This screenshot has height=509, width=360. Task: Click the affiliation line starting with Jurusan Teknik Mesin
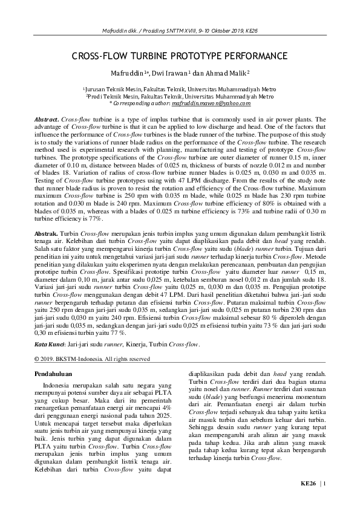pyautogui.click(x=180, y=89)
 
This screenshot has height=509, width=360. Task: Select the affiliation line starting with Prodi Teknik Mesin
pyautogui.click(x=180, y=96)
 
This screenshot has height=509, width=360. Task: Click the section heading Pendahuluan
pyautogui.click(x=54, y=374)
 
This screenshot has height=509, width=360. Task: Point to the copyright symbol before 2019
pyautogui.click(x=37, y=358)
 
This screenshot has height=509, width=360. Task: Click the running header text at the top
pyautogui.click(x=180, y=30)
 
